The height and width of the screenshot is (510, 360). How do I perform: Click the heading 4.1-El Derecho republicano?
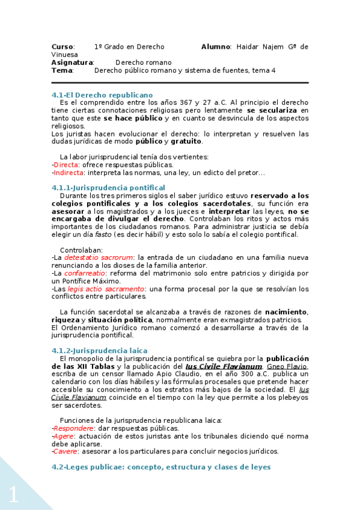[x=102, y=95]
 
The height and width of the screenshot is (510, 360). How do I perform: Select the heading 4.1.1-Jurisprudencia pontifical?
[x=108, y=188]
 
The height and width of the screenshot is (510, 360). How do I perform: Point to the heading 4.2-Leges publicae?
[x=161, y=467]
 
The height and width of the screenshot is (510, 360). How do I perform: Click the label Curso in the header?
[x=63, y=46]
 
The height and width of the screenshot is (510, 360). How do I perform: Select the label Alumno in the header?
[x=216, y=46]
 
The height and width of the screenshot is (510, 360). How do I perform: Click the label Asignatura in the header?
[x=72, y=63]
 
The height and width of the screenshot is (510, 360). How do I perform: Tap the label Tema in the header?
[x=62, y=70]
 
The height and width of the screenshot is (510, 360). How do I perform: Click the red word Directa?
[x=66, y=165]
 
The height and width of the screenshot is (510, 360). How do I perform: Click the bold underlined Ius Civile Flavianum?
[x=224, y=366]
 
